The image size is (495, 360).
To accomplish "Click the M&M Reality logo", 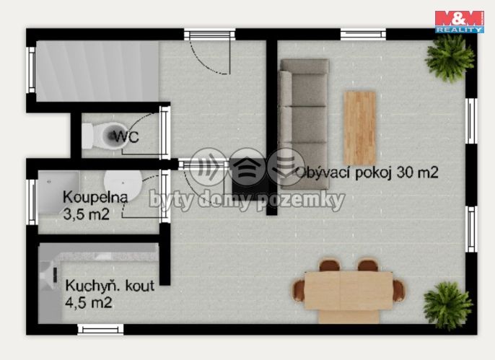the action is [460, 22].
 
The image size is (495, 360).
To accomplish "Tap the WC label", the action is [126, 136].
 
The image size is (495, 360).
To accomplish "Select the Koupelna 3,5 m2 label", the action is [95, 206].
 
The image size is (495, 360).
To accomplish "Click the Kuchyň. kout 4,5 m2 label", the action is [110, 294].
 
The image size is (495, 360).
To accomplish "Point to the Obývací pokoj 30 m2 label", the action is [367, 172].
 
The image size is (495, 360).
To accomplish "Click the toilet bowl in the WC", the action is [104, 136].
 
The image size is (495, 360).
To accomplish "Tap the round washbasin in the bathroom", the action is [123, 185].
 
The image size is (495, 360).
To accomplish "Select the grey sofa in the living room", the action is [305, 124].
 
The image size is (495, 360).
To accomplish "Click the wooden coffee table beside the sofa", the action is [359, 128].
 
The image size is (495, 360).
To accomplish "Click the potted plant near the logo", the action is [450, 58].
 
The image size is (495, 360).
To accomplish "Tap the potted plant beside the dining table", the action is [447, 305].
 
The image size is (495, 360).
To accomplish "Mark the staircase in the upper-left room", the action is [97, 71].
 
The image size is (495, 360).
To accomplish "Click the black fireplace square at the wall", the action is [247, 178].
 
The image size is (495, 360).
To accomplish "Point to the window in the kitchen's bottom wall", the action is [101, 330].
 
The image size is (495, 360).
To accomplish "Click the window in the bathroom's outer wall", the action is [32, 202].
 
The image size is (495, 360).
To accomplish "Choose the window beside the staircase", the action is [31, 70].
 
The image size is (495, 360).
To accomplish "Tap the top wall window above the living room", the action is [364, 34].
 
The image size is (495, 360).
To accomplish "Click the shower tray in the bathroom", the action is [58, 193].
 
